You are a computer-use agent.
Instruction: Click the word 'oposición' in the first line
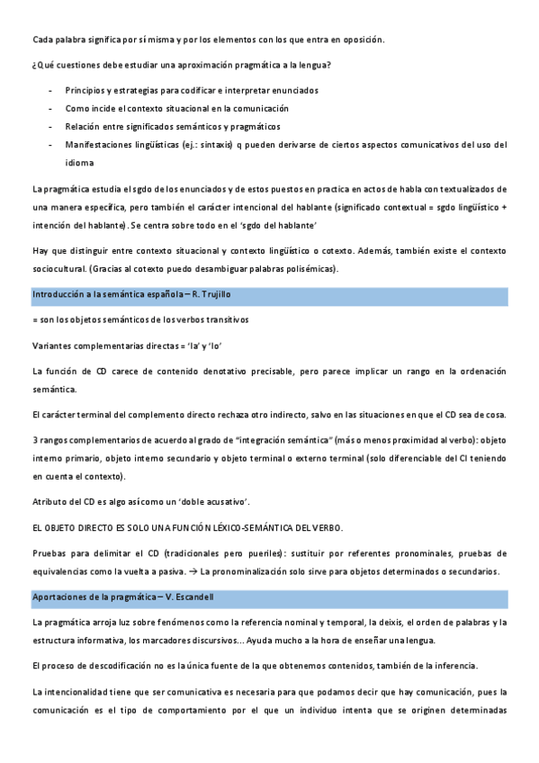tap(362, 39)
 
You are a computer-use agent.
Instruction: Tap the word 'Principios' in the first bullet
tap(85, 91)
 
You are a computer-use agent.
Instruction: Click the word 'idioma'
tap(79, 162)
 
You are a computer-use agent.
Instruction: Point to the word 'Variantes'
tap(52, 346)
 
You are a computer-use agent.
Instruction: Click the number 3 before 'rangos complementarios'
tap(34, 440)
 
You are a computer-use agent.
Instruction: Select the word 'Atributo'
tap(50, 500)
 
